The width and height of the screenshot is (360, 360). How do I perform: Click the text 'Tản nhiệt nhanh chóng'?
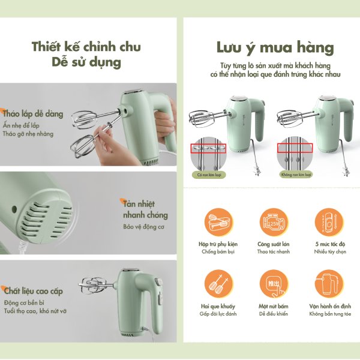pos(145,209)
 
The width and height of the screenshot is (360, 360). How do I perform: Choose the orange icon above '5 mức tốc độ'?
pos(329,223)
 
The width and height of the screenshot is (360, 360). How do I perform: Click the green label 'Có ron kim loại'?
pos(208,175)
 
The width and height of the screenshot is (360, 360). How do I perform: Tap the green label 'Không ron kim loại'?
pos(296,175)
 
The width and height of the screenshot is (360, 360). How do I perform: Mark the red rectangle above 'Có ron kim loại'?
pos(208,148)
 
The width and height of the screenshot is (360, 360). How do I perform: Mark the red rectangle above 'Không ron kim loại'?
pos(296,148)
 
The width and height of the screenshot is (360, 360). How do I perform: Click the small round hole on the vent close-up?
pos(14,209)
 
